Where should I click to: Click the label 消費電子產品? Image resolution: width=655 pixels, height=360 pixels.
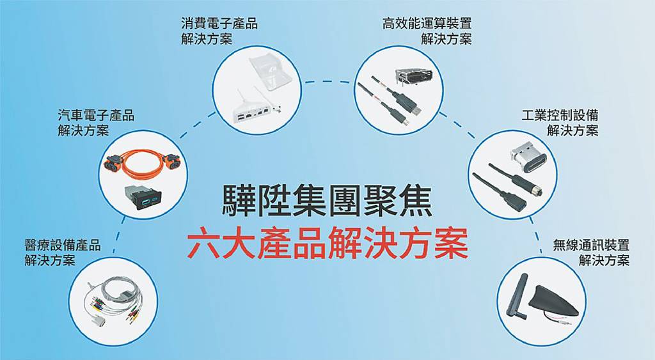(x=220, y=23)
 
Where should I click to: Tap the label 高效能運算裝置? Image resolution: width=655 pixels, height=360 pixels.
(x=427, y=23)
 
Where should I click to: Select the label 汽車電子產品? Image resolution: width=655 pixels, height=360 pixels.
(x=96, y=115)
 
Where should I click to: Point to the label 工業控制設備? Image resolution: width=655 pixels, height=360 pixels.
(x=560, y=115)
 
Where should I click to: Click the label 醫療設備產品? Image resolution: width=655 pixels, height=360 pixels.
(x=63, y=245)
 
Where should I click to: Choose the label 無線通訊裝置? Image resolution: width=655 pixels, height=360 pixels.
(x=591, y=245)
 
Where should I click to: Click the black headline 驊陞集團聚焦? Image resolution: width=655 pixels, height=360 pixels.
(x=327, y=201)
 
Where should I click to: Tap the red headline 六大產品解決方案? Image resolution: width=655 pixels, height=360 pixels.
(x=327, y=243)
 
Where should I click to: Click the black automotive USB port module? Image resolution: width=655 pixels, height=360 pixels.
(x=143, y=197)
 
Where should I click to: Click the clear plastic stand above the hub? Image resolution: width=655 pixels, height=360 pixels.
(x=269, y=72)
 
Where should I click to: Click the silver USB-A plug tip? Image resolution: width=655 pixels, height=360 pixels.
(x=416, y=110)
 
